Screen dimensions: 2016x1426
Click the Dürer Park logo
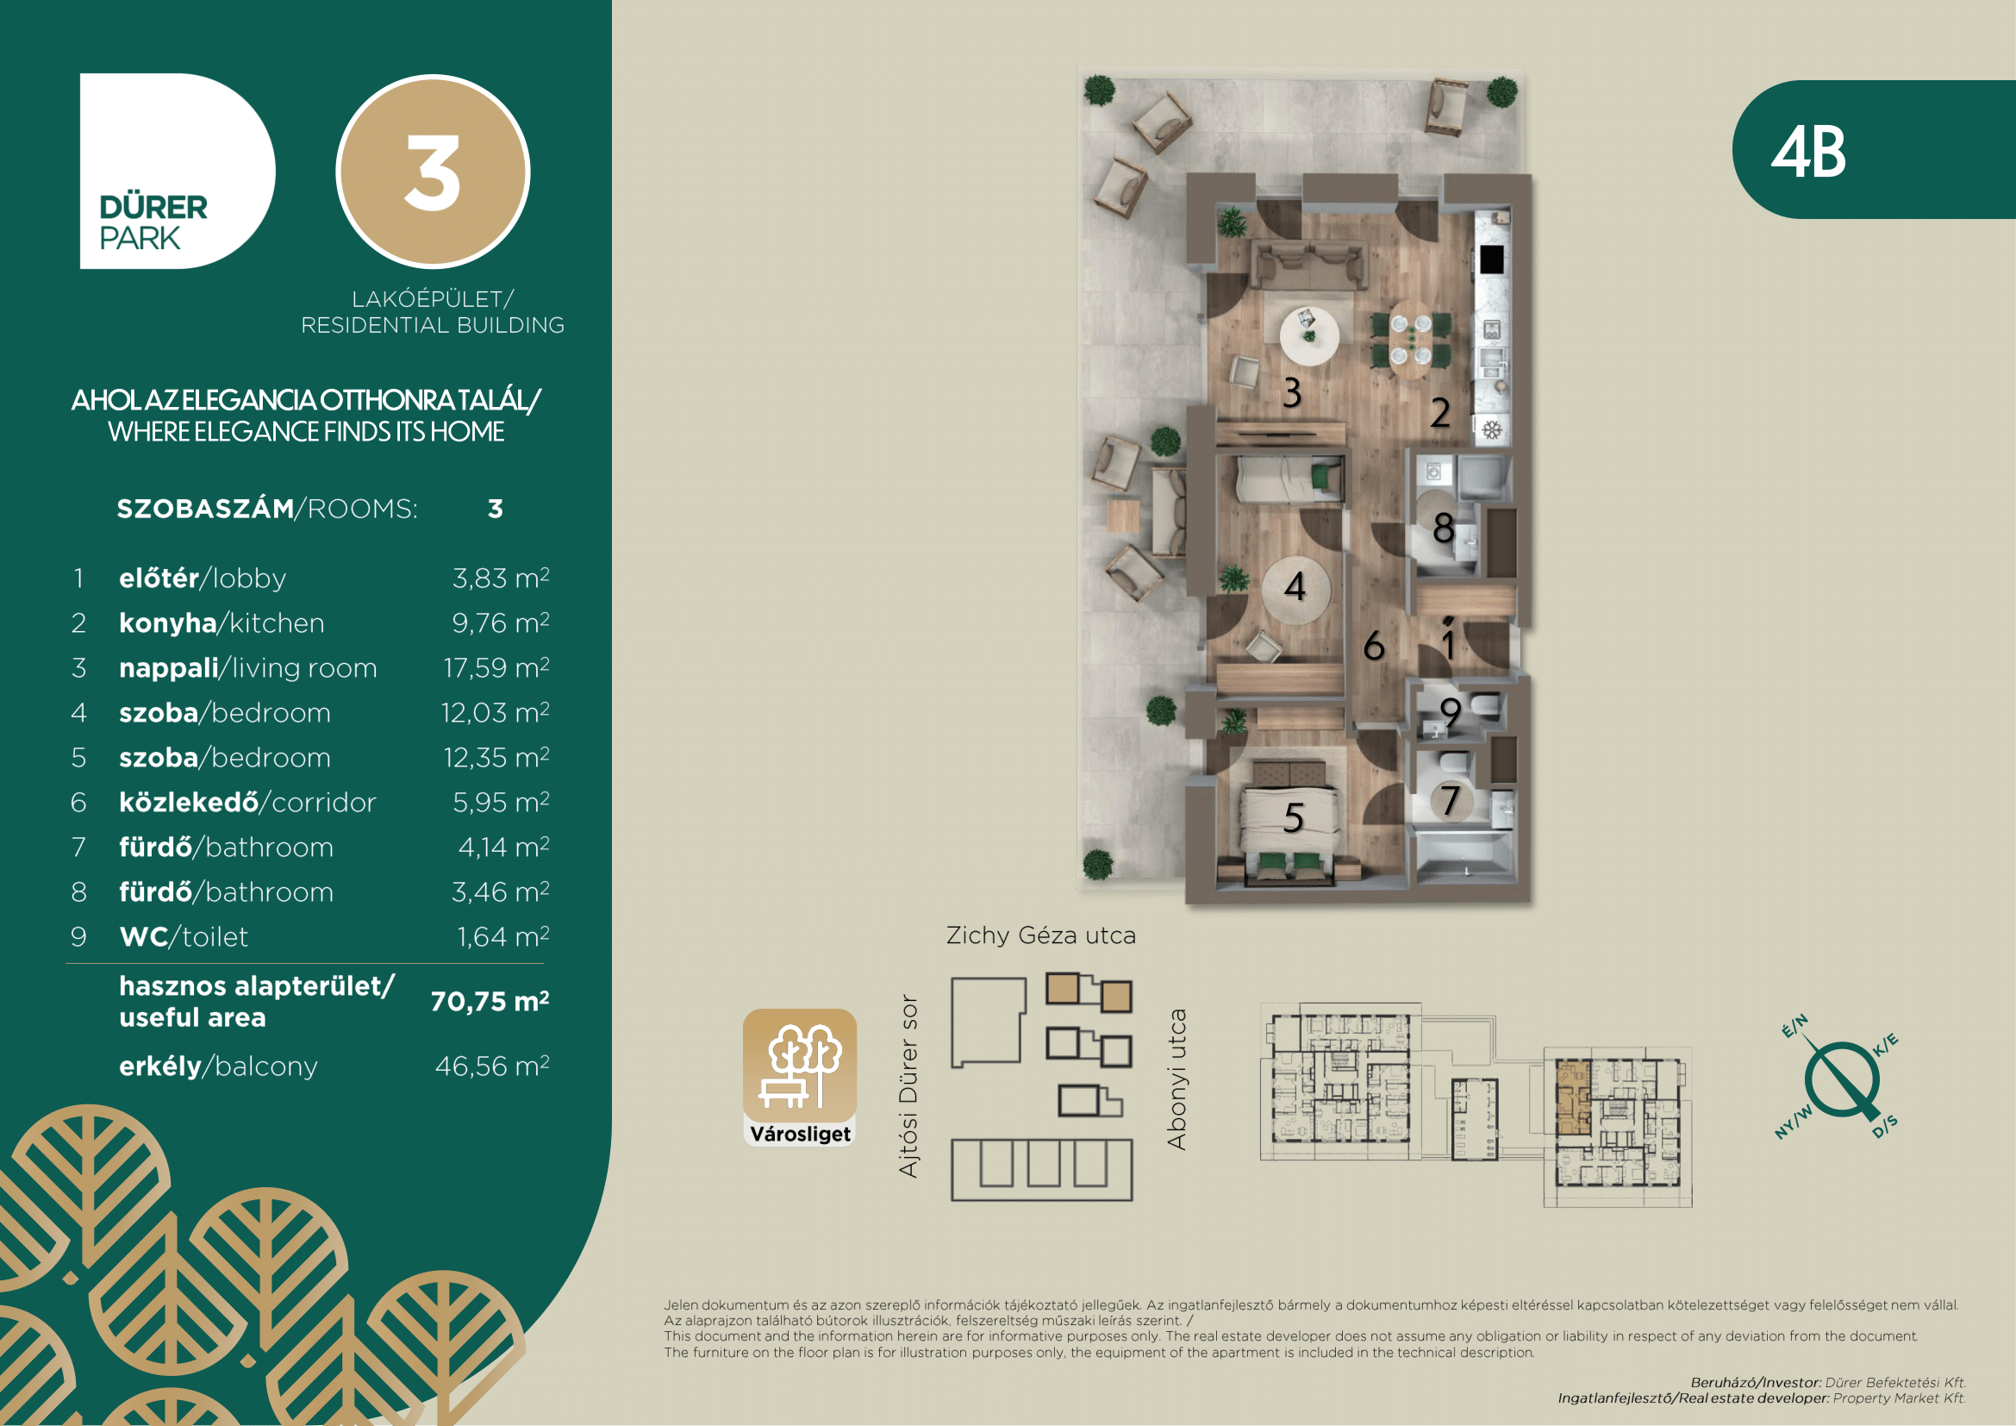point(178,172)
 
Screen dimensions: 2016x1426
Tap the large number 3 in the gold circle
point(432,173)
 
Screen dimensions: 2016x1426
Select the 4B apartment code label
point(1808,152)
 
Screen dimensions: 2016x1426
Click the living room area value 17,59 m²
point(497,668)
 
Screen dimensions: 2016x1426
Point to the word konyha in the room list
point(168,622)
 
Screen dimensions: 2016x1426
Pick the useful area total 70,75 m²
point(490,1001)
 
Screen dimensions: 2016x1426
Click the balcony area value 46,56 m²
point(493,1066)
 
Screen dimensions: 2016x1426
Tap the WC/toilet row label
point(184,937)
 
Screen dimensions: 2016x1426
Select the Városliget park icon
point(800,1078)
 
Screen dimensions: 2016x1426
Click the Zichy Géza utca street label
point(1041,935)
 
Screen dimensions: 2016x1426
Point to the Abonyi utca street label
point(1177,1079)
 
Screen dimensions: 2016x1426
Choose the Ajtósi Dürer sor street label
point(908,1086)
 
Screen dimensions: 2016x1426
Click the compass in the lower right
point(1841,1079)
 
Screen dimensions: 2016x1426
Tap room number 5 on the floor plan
point(1294,818)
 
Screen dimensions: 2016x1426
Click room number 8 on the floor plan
point(1444,528)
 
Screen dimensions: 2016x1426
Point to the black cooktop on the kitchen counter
point(1492,259)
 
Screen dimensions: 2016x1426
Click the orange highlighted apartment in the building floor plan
point(1573,1098)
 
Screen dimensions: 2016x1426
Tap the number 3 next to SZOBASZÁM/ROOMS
point(496,510)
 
